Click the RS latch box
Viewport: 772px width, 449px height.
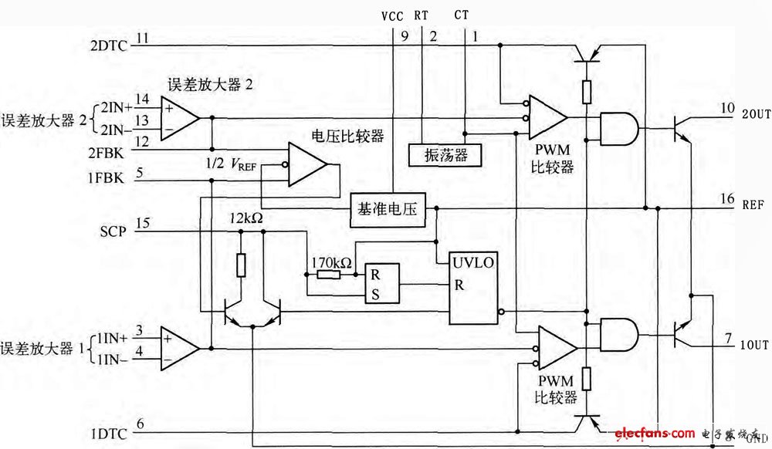pos(382,284)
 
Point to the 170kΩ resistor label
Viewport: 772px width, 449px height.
pos(332,263)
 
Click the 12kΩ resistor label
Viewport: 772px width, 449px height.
pos(246,220)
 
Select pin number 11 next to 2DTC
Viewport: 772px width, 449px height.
pos(143,37)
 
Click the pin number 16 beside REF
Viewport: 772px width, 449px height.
pos(728,199)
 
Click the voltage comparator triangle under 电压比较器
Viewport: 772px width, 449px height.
pos(306,164)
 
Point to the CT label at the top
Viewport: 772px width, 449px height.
pos(461,15)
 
